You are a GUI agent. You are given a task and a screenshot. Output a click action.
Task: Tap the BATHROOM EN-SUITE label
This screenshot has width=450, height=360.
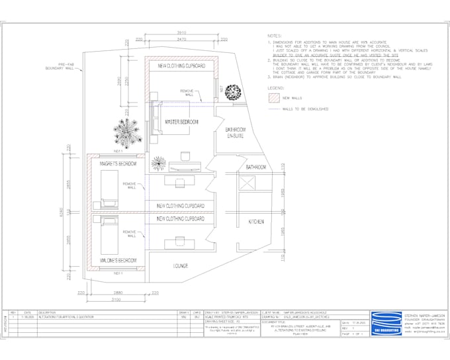(x=236, y=133)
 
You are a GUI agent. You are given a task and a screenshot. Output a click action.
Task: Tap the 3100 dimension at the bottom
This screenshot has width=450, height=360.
(x=116, y=301)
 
